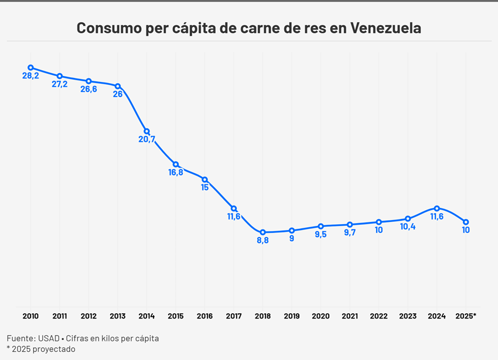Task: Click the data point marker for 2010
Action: [30, 68]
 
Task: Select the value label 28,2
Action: [30, 76]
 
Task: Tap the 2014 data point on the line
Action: [146, 131]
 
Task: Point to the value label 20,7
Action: [146, 139]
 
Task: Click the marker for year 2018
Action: [262, 232]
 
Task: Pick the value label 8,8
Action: [262, 241]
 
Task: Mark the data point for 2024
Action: [436, 208]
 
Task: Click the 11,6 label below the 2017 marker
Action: [234, 217]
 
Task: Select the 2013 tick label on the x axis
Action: [117, 316]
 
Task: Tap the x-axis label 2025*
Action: [466, 316]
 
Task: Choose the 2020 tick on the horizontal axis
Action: [320, 316]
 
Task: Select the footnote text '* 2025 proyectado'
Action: [41, 349]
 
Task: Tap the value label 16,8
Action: [176, 173]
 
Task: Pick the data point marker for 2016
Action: [204, 179]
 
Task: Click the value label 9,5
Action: [320, 234]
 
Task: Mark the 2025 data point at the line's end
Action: [466, 222]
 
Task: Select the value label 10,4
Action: [408, 227]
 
